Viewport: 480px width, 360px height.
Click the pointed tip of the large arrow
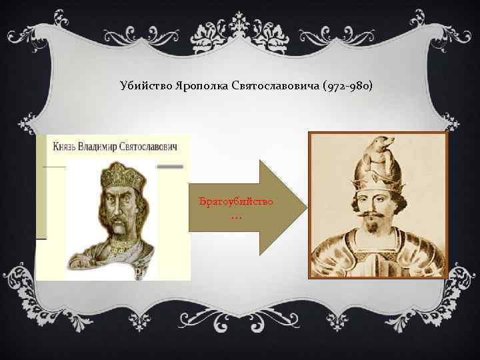(305, 207)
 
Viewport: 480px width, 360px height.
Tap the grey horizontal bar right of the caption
(174, 165)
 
